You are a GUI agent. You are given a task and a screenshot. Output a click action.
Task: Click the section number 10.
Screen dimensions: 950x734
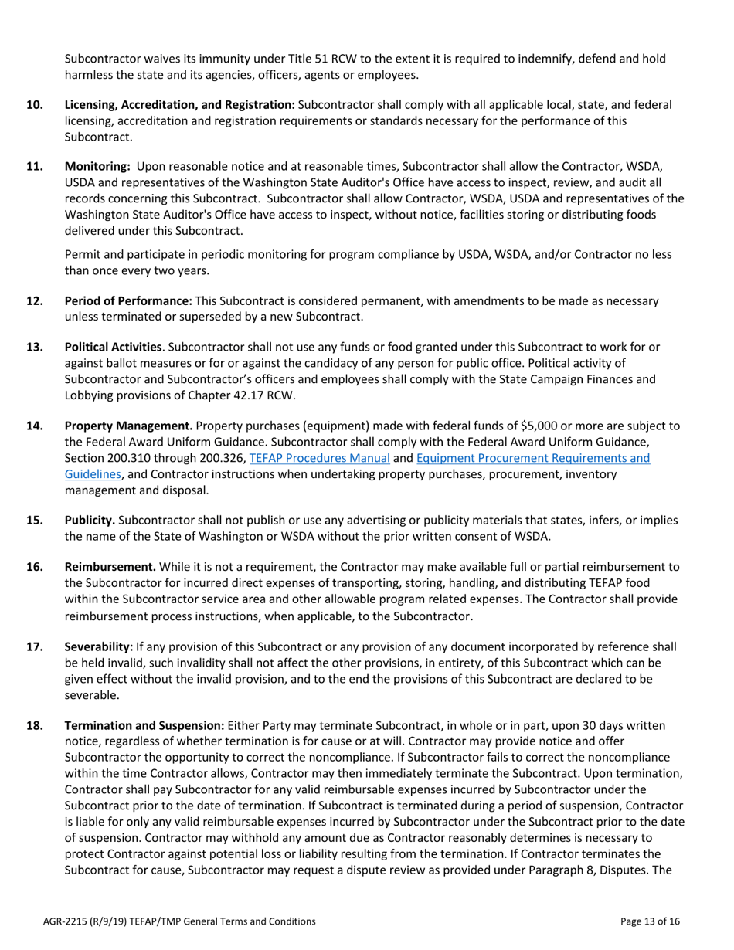[x=35, y=104]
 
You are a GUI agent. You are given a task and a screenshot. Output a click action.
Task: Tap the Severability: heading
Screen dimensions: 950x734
[x=99, y=646]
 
